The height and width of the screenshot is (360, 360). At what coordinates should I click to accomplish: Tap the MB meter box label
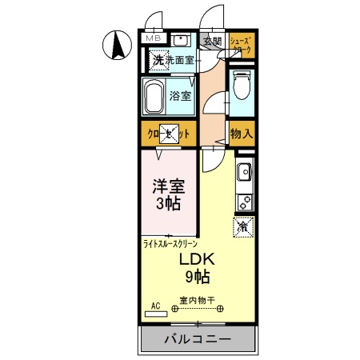[153, 38]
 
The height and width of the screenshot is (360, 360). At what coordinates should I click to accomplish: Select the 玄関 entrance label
[211, 41]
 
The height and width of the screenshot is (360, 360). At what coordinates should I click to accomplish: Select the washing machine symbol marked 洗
[158, 59]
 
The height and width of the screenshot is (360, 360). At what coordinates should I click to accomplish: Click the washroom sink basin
[181, 40]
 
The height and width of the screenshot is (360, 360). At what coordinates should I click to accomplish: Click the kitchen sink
[243, 170]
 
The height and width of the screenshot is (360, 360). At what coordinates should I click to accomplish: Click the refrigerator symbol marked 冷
[243, 226]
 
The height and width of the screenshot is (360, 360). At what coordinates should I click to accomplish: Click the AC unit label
[155, 305]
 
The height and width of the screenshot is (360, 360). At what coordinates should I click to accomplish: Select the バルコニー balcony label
[198, 339]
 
